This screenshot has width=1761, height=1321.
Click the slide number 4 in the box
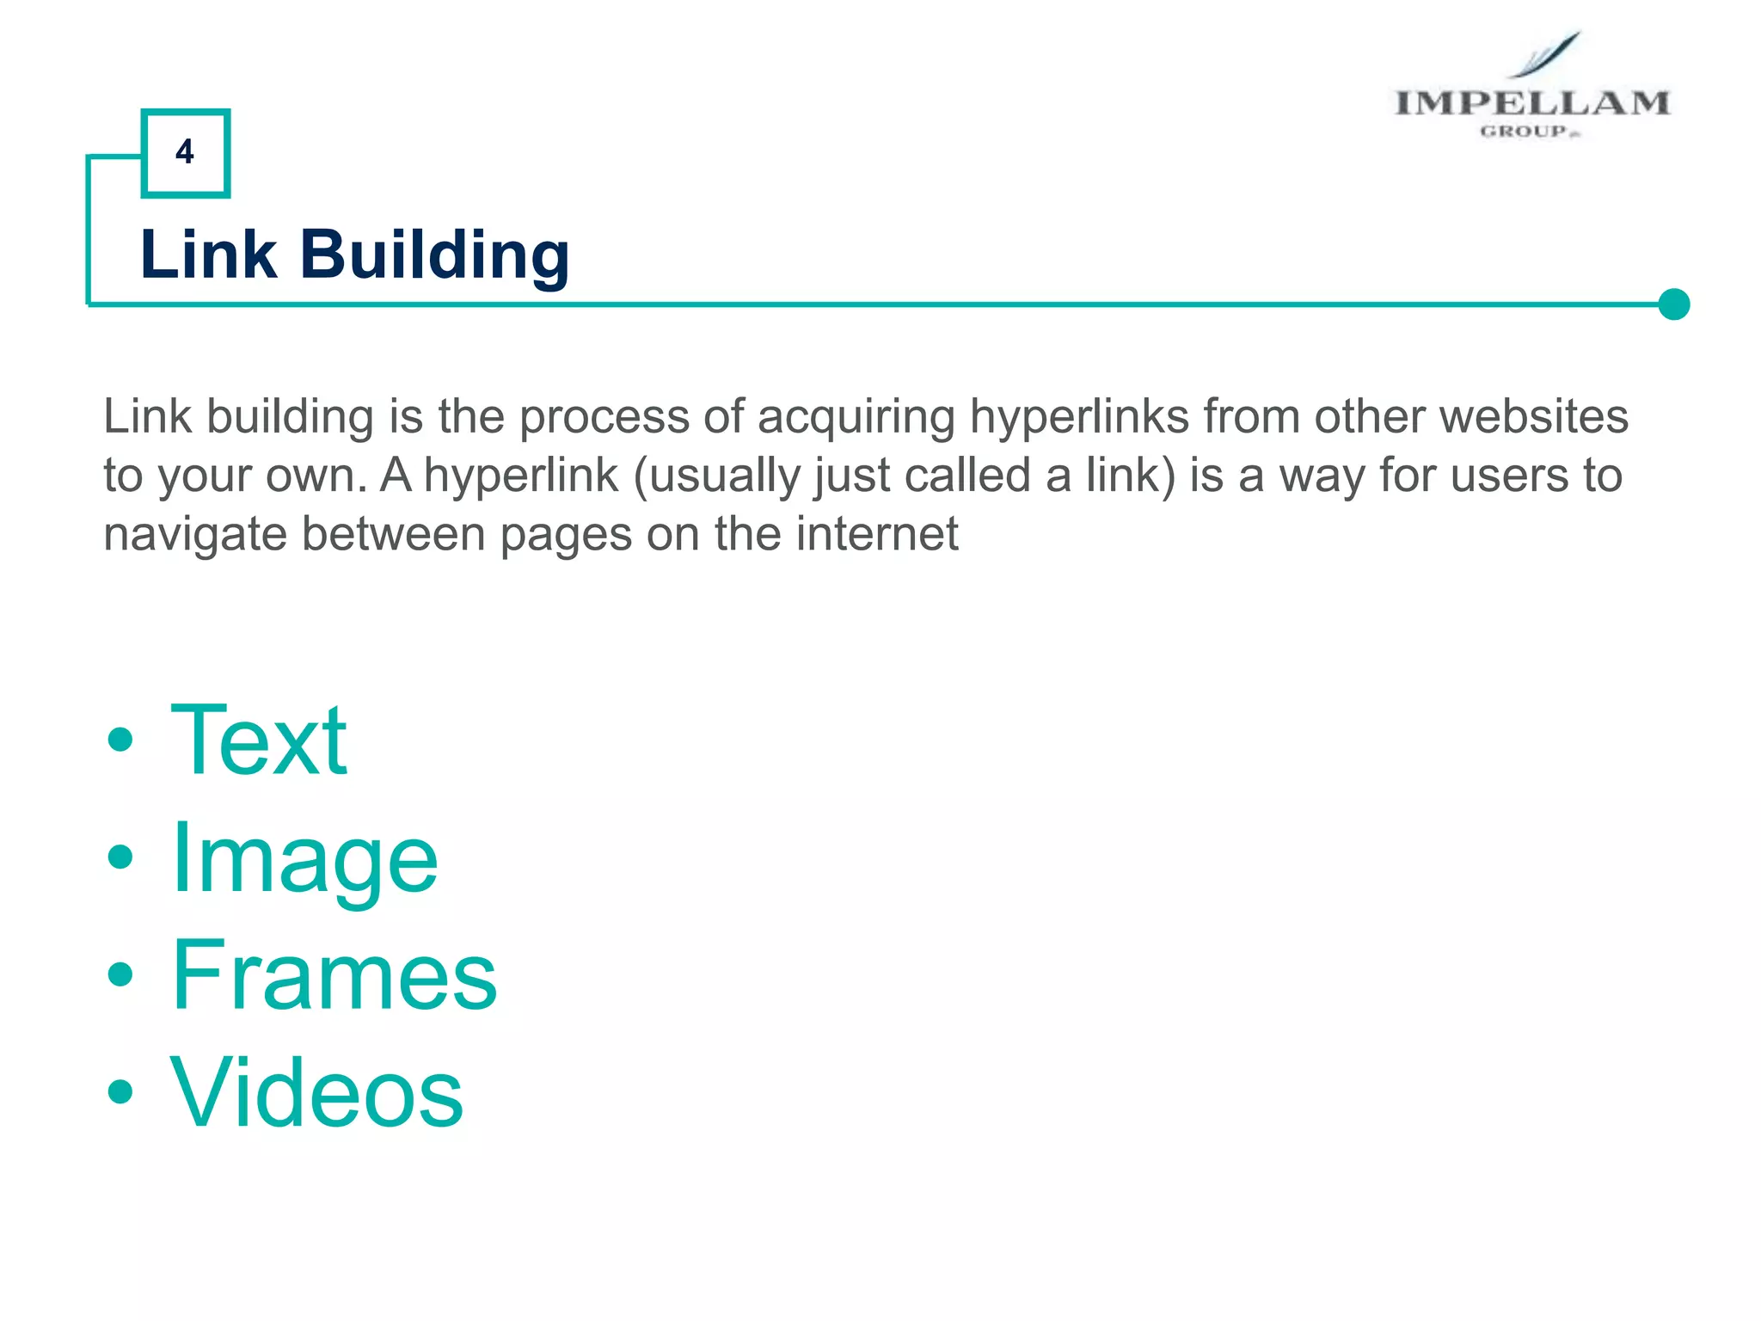coord(185,152)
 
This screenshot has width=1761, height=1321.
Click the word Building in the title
coord(434,255)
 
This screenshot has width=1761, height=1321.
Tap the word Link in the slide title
coord(208,255)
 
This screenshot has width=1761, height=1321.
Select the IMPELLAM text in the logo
coord(1531,103)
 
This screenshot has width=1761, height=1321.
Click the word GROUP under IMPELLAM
coord(1524,132)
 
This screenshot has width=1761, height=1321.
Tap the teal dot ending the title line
coord(1673,304)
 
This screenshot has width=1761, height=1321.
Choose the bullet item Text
coord(259,740)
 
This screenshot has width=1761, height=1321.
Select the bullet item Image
coord(304,858)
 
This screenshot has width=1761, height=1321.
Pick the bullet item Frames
coord(334,976)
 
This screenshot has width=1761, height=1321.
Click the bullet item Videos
coord(316,1093)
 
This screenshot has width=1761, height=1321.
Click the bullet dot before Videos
coord(121,1092)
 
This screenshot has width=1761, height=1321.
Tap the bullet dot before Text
coord(121,740)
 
